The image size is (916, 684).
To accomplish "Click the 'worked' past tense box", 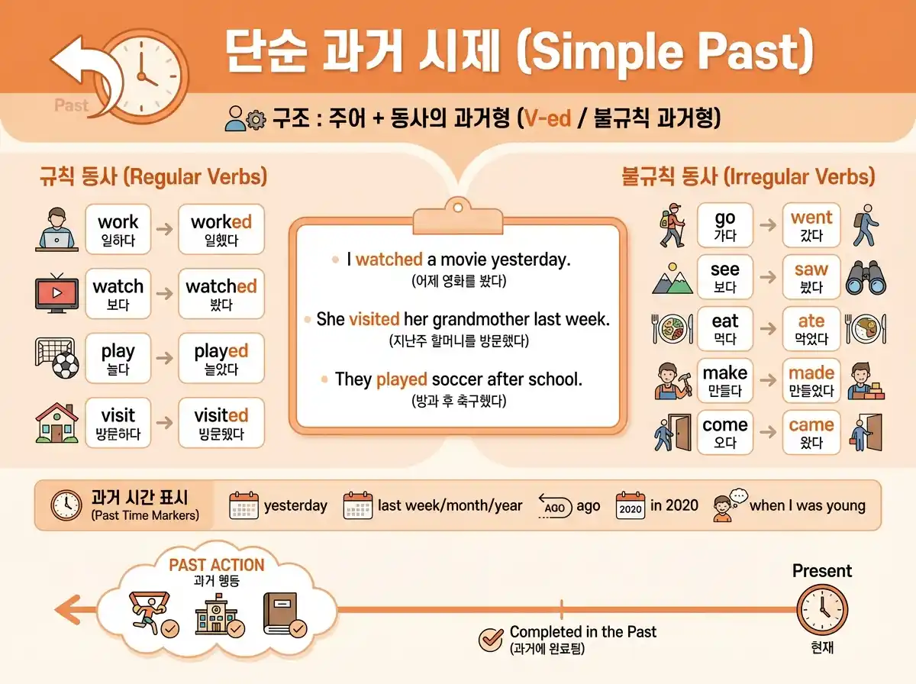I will point(221,229).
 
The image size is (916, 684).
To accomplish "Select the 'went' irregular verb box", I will point(811,225).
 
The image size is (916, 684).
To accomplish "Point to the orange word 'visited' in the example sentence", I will point(374,319).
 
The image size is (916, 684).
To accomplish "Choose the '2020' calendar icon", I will point(631,506).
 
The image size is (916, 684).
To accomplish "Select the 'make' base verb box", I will point(724,380).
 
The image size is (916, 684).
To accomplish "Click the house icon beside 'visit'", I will point(57,422).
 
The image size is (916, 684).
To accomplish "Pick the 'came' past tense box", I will point(811,432).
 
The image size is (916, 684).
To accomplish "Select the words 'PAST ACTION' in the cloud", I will point(217,566).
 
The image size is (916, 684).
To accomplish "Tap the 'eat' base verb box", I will point(724,328).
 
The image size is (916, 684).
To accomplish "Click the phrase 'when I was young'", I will point(808,505).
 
